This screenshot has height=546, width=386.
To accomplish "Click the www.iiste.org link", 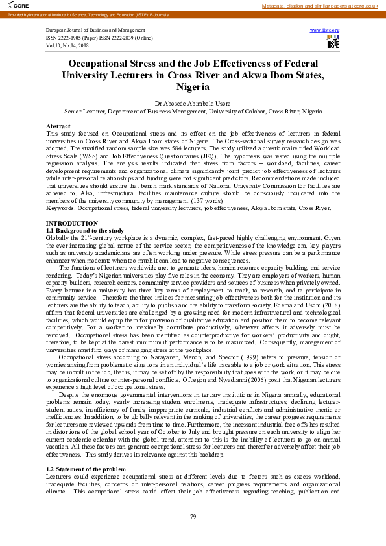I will pos(325,30).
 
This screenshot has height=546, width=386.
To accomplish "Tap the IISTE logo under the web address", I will pos(333,42).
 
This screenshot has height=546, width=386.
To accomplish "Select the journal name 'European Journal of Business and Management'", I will pos(95,30).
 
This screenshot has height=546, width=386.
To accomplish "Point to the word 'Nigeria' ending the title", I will pos(193,87).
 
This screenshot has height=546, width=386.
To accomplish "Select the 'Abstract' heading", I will pos(58,126).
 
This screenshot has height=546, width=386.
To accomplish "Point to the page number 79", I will pos(193,516).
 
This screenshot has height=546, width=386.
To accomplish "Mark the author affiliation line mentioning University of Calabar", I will pos(193,111).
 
